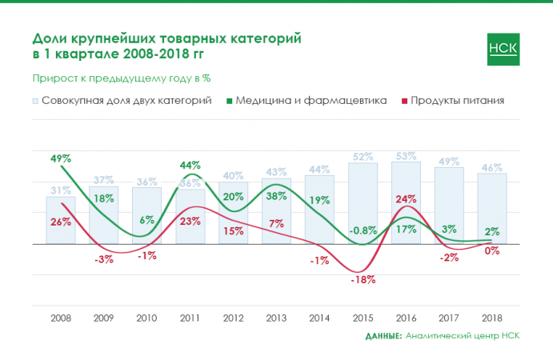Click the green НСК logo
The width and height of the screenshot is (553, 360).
click(503, 48)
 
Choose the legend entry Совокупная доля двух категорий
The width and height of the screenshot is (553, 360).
click(126, 101)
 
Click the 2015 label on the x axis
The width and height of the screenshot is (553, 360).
click(363, 318)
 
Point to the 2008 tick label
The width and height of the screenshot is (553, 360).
click(60, 318)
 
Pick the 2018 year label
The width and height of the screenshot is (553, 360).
click(492, 318)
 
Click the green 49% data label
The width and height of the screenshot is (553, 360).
click(61, 158)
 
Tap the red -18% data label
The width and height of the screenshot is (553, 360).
click(363, 280)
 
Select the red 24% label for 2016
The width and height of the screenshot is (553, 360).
click(406, 198)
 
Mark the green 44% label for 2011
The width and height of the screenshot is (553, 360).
click(190, 166)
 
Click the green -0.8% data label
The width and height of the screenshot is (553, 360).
click(363, 230)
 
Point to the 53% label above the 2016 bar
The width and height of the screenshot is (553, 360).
click(406, 156)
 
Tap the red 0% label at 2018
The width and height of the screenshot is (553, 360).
click(492, 251)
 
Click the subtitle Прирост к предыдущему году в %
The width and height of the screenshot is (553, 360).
click(121, 78)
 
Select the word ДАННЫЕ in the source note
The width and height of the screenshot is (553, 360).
click(383, 336)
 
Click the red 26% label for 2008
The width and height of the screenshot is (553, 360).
click(61, 222)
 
